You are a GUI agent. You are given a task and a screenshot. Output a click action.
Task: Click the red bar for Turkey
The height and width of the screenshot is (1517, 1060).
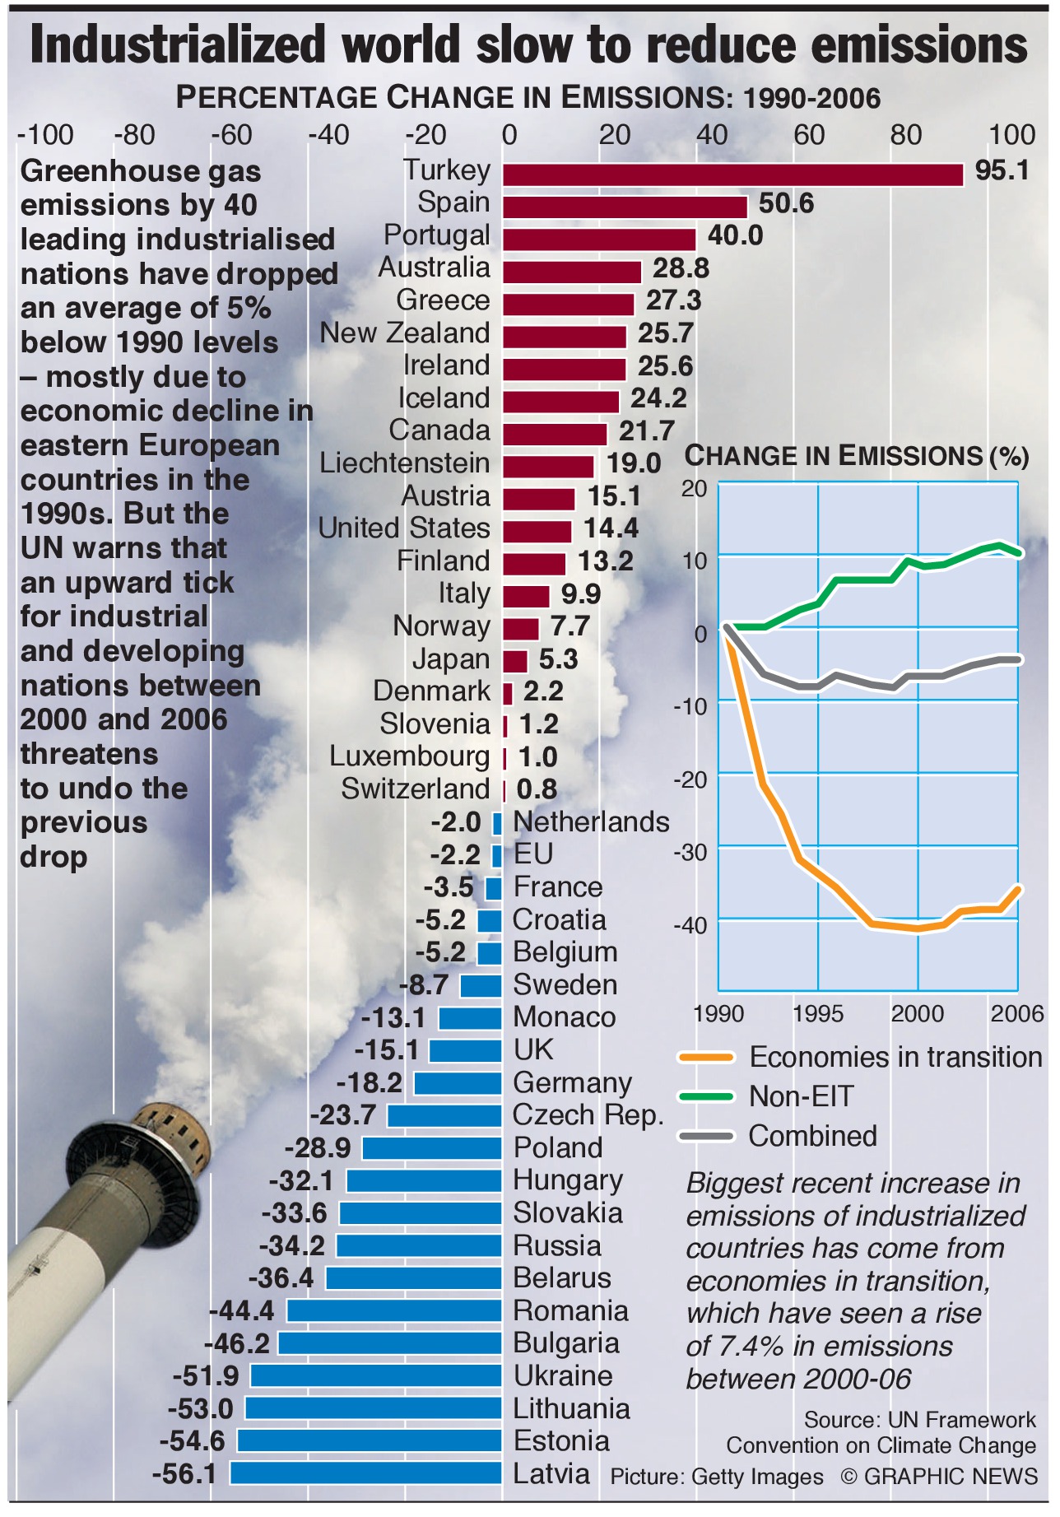point(732,175)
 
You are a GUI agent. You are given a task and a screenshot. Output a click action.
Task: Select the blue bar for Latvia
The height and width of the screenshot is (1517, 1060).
point(365,1473)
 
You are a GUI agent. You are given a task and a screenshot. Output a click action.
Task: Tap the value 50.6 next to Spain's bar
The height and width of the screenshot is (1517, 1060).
point(786,203)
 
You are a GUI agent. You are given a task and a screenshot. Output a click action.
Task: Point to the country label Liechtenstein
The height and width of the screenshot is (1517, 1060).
point(404,463)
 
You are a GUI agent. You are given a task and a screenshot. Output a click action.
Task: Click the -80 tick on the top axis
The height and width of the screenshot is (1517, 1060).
point(134,135)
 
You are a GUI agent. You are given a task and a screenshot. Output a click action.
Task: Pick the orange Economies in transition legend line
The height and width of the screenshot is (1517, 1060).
point(705,1057)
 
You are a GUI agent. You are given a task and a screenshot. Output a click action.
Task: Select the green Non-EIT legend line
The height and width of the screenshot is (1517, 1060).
point(705,1096)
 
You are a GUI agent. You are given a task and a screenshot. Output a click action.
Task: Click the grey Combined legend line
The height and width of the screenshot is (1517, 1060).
point(705,1136)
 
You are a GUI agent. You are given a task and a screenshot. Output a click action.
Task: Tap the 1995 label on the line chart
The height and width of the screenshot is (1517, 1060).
point(817,1013)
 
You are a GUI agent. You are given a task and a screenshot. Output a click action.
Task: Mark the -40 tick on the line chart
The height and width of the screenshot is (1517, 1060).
point(690,925)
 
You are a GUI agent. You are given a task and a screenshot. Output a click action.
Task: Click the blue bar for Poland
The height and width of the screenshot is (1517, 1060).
point(431,1148)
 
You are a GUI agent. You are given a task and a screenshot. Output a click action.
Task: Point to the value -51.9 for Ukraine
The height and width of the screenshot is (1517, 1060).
point(206,1375)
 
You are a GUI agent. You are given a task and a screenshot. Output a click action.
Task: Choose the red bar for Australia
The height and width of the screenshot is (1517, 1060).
point(572,272)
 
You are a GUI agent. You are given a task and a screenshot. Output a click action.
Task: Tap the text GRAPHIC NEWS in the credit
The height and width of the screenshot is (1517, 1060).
point(951,1476)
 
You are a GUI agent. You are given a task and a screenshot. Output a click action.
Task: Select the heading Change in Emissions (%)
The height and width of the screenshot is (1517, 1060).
point(857,456)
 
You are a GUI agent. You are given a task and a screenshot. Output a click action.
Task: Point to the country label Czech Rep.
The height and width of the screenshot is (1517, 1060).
point(588,1115)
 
